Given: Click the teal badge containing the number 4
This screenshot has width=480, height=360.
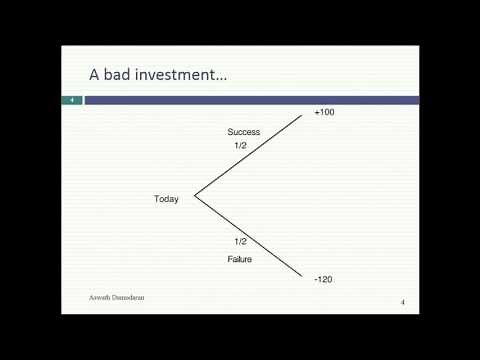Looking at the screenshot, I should click(72, 99).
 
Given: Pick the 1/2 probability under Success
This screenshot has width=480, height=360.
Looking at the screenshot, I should click(240, 146).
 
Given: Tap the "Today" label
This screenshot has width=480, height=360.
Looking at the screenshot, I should click(166, 199).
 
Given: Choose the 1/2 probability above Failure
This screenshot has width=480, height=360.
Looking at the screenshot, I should click(240, 242).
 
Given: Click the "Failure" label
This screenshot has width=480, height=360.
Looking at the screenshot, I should click(239, 259).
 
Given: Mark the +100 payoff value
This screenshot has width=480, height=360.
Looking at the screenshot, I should click(324, 113).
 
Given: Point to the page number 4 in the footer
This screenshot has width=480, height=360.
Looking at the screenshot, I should click(402, 302).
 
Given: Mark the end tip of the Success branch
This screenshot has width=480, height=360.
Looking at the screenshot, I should click(303, 114).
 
